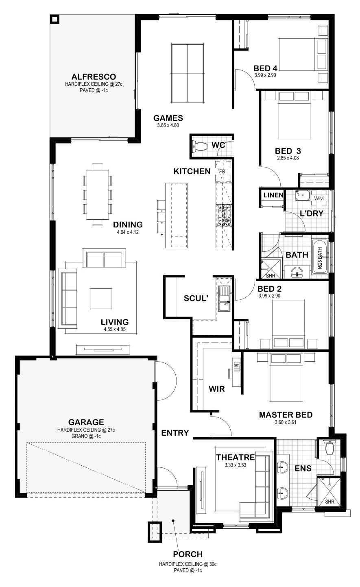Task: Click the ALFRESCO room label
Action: click(94, 77)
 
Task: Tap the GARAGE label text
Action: click(86, 422)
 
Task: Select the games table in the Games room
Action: click(188, 73)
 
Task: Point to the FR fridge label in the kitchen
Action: click(222, 172)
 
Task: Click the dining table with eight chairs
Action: click(98, 194)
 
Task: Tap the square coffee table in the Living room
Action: click(100, 299)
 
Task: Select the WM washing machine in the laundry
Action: click(319, 198)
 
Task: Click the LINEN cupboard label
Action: click(273, 195)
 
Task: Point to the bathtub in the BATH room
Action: click(320, 257)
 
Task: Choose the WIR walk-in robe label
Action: click(217, 389)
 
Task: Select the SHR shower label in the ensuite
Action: click(329, 502)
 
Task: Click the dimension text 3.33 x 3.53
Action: click(235, 465)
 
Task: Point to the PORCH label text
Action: click(188, 554)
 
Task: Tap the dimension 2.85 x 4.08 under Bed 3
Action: click(288, 158)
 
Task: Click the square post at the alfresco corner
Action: click(55, 20)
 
